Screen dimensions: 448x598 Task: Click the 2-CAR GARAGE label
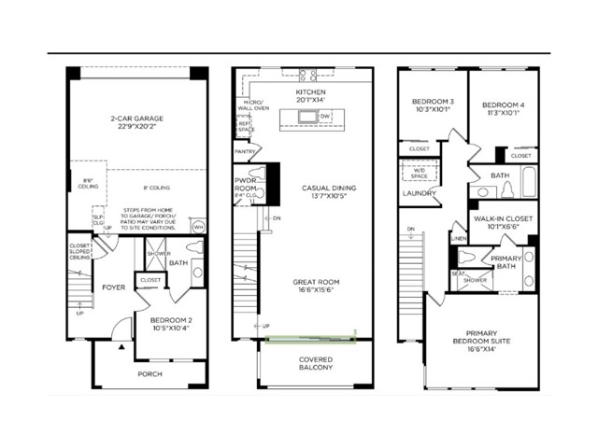point(134,119)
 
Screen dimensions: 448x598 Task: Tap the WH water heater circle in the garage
point(198,227)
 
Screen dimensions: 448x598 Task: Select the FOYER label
point(113,287)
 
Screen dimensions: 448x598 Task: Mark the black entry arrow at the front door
point(120,346)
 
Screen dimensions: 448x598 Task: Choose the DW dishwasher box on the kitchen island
point(325,117)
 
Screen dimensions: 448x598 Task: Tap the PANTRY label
point(246,150)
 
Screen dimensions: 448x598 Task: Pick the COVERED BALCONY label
point(315,364)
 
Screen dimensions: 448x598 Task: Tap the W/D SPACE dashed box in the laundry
point(414,172)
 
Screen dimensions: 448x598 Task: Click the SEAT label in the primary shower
point(457,273)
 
